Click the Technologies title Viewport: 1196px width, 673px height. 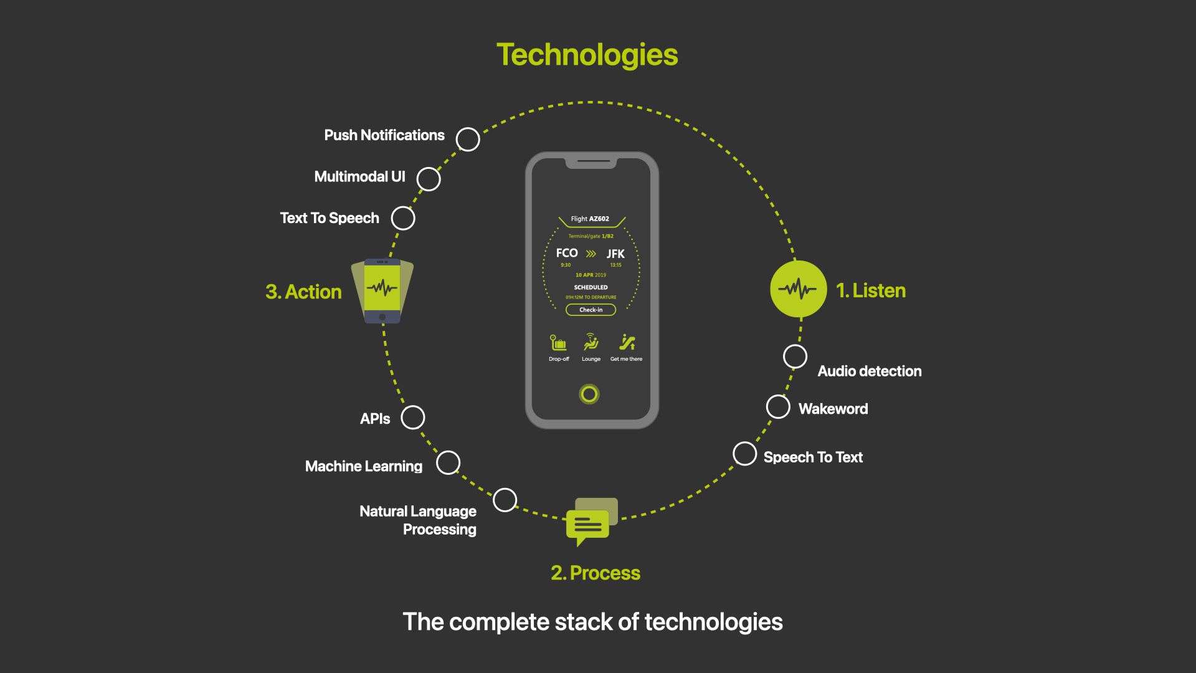coord(587,55)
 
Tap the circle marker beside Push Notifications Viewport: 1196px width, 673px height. coord(468,140)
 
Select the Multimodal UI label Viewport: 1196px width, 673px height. coord(359,177)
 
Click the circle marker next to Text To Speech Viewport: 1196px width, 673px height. coord(403,218)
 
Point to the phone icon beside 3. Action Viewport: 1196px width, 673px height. coord(382,290)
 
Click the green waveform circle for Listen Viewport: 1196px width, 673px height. coord(798,289)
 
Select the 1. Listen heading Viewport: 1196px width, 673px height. coord(870,291)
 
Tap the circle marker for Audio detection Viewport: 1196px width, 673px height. coord(795,356)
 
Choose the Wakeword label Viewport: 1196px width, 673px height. coord(833,409)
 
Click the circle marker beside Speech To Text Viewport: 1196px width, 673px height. coord(745,454)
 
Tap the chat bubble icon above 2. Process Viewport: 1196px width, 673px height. coord(590,521)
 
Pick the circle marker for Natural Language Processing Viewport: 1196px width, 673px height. coord(505,500)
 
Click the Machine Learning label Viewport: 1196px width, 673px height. coord(364,467)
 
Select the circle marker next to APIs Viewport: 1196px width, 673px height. coord(413,418)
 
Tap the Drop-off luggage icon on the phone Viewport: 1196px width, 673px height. coord(558,343)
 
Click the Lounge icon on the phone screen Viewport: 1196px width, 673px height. coord(591,342)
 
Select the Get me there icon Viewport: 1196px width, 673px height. coord(627,342)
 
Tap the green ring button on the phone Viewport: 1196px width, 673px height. coord(589,394)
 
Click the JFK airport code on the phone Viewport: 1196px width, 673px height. coord(615,254)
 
